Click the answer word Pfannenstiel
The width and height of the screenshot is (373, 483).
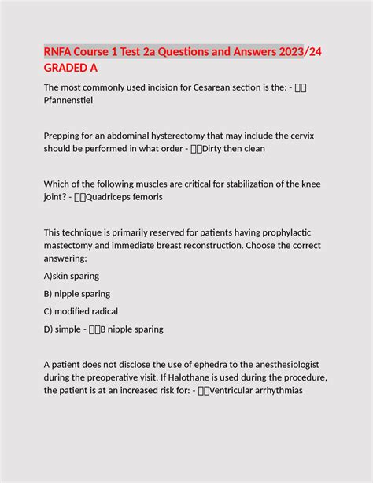click(x=76, y=100)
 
